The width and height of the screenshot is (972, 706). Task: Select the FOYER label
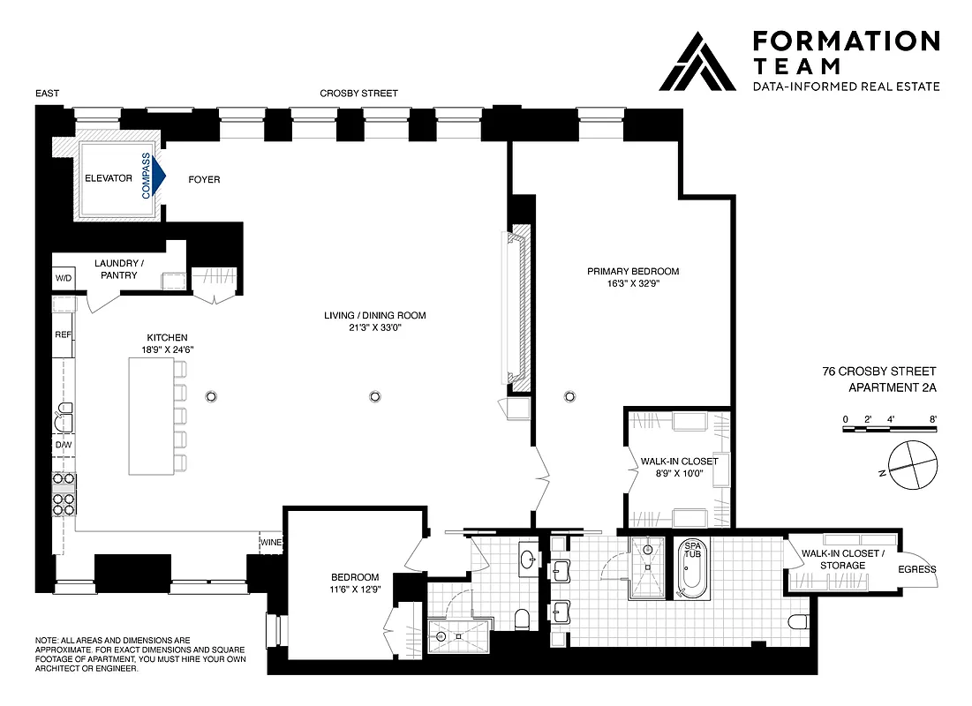click(x=204, y=180)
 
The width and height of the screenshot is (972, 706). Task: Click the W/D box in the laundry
click(x=64, y=278)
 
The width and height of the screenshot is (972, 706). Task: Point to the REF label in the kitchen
click(x=63, y=335)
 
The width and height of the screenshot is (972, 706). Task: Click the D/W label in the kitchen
click(x=63, y=445)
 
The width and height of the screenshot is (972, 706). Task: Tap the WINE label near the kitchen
click(x=270, y=542)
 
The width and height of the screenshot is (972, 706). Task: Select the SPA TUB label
click(x=690, y=552)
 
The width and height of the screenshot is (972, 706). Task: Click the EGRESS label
click(x=916, y=569)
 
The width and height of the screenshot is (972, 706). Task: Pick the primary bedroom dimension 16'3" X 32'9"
click(x=633, y=285)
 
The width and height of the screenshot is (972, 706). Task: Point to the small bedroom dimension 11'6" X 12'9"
click(x=350, y=590)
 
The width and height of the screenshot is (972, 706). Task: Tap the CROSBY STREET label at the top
click(x=358, y=94)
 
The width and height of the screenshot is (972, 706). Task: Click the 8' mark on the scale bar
click(x=933, y=419)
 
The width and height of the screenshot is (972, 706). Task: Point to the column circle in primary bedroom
click(x=569, y=396)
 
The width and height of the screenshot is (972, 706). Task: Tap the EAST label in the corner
click(x=48, y=94)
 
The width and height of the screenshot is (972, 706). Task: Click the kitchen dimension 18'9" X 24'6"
click(x=168, y=349)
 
